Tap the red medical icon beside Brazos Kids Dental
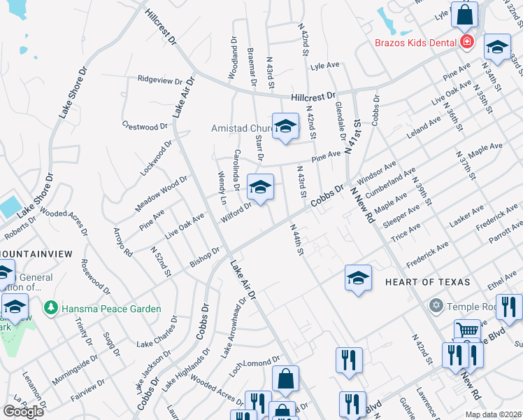(x=467, y=43)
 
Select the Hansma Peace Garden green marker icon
(x=50, y=308)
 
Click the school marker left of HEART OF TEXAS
(x=357, y=278)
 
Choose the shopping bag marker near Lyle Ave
(x=464, y=15)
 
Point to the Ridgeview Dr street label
(x=160, y=80)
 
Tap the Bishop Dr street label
(x=205, y=257)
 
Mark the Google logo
(x=23, y=412)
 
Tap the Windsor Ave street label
(x=377, y=169)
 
